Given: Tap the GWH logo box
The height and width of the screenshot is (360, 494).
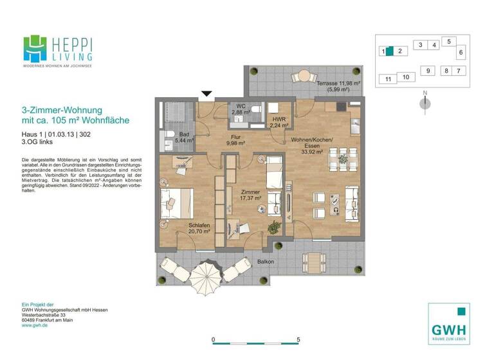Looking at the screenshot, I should tap(449, 323).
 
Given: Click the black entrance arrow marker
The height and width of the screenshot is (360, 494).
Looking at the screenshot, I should tap(206, 94).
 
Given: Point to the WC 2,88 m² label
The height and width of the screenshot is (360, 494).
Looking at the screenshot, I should tap(241, 109).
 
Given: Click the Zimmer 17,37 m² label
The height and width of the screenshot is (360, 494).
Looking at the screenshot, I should tap(251, 195).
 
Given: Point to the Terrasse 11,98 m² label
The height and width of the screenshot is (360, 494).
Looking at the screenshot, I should tap(338, 86).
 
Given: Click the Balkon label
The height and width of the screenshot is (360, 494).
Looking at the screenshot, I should tap(266, 262).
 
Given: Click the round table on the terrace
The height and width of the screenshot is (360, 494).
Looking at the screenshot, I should tap(301, 77).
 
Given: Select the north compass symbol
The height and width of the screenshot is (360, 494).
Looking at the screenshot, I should tap(425, 103).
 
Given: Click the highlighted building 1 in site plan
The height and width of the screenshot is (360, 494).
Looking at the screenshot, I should tap(389, 51).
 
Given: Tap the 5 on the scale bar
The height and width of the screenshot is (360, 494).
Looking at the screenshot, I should tap(298, 339).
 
